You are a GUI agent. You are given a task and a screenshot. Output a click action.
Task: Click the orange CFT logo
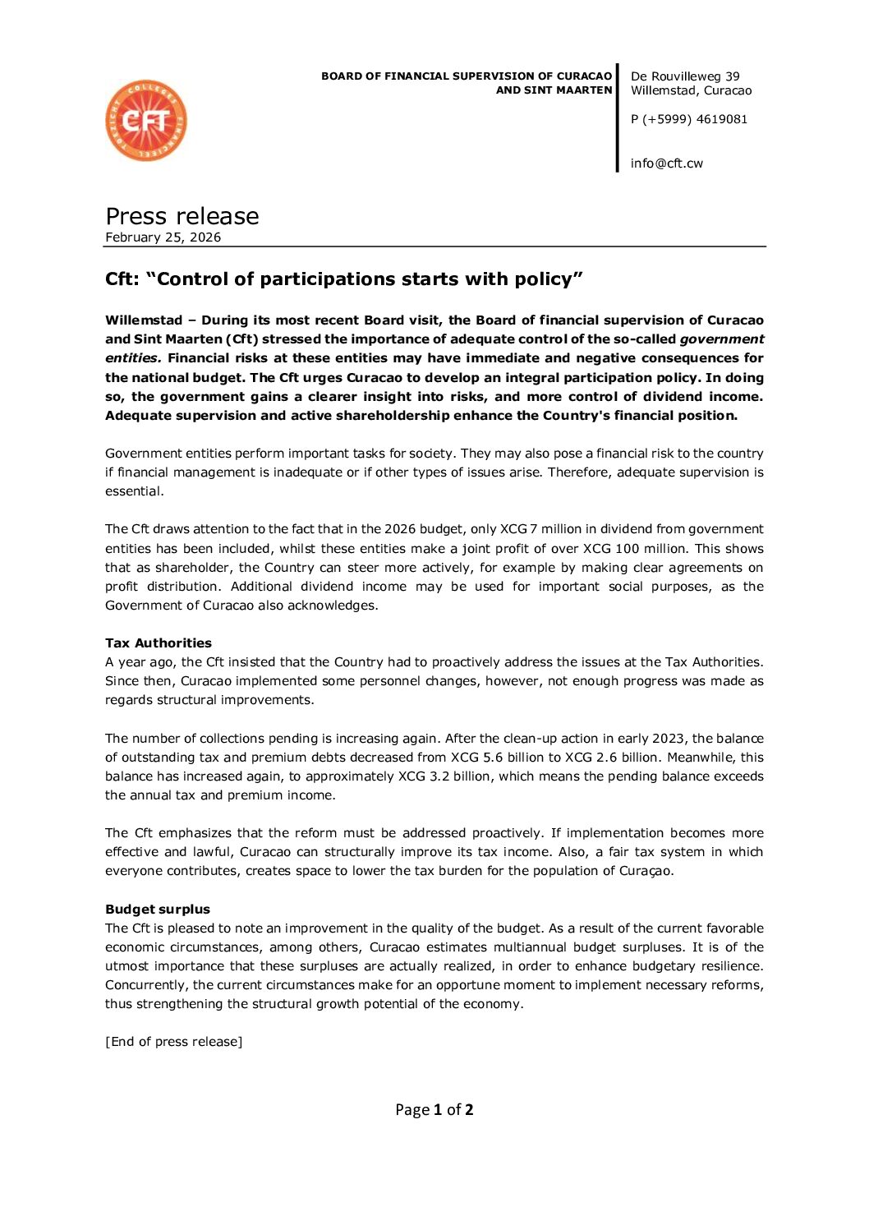[146, 121]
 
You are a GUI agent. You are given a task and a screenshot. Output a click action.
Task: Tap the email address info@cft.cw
[666, 164]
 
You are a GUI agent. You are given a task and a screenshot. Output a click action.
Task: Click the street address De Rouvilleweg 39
[685, 76]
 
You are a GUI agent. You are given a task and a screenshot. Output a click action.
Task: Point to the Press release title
[182, 216]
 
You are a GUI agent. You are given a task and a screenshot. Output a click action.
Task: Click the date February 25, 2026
[163, 237]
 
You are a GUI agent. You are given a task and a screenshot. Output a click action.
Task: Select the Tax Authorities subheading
[159, 643]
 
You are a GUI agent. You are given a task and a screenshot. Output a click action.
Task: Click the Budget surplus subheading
[158, 910]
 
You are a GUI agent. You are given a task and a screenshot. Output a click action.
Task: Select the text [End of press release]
[174, 1042]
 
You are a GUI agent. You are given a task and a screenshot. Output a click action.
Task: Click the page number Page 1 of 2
[434, 1110]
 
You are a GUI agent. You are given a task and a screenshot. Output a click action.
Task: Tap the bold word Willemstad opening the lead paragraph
[144, 320]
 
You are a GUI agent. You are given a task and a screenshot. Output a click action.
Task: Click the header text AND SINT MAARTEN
[554, 90]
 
